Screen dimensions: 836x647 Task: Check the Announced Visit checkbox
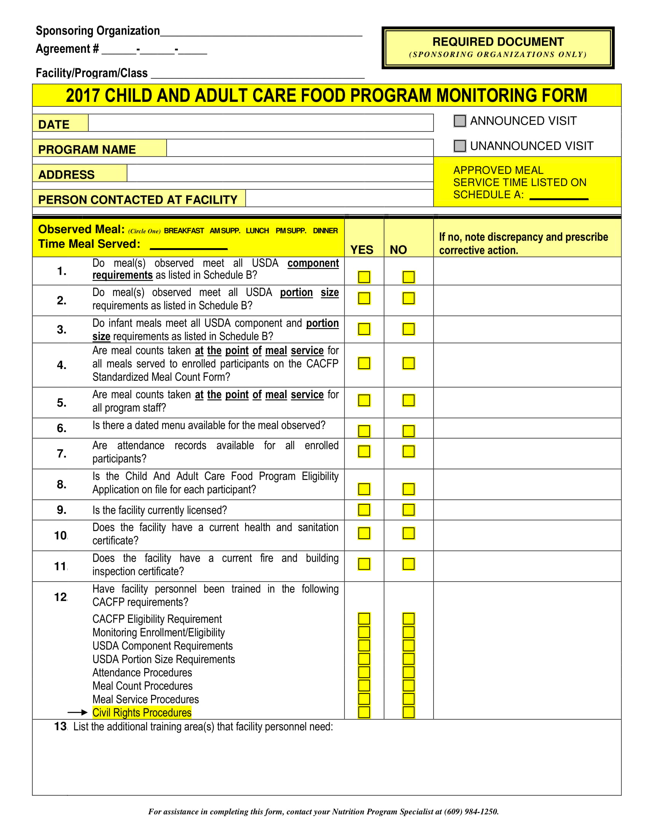tap(460, 121)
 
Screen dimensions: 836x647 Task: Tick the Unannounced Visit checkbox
tap(460, 146)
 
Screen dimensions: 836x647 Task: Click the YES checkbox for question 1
tap(364, 277)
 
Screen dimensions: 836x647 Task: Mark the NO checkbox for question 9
tap(408, 510)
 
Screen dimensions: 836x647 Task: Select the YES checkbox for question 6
tap(364, 431)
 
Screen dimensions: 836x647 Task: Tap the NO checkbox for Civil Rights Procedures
tap(408, 712)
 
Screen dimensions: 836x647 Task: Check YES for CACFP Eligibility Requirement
tap(364, 619)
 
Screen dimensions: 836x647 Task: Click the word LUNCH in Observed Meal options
tap(257, 231)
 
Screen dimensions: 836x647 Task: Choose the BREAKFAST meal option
tap(183, 231)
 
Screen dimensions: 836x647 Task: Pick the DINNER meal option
tap(325, 231)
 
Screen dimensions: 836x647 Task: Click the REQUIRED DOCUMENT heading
tap(497, 42)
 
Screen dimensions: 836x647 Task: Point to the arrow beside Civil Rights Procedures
tap(78, 712)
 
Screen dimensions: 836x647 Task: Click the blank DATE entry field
tap(261, 123)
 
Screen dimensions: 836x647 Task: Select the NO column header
tap(398, 250)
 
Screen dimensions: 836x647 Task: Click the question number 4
tap(61, 365)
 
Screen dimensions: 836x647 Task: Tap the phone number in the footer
tap(471, 812)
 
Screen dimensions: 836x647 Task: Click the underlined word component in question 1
tap(313, 263)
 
